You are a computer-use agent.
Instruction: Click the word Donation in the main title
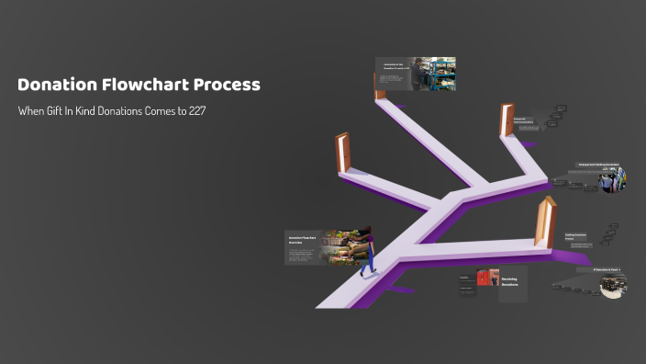(57, 85)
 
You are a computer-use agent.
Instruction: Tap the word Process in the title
(228, 85)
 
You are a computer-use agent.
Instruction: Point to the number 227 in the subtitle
(206, 110)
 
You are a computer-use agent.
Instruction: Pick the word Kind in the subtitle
(96, 110)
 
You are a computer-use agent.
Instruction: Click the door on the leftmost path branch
(343, 154)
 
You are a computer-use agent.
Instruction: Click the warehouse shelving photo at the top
(430, 74)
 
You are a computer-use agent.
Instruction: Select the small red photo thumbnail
(483, 278)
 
